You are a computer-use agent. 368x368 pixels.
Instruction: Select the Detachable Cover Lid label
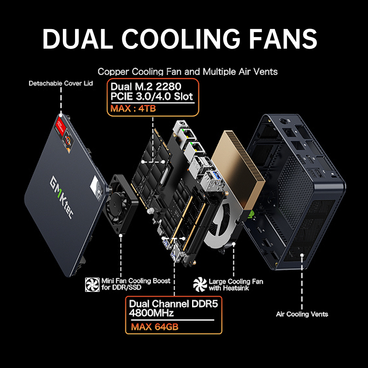point(61,84)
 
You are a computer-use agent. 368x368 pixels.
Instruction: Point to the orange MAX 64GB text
point(155,326)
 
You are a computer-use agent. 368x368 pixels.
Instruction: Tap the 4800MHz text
point(151,313)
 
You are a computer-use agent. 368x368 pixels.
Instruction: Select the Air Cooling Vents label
point(302,314)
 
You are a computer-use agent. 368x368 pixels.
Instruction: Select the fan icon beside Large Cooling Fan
point(200,284)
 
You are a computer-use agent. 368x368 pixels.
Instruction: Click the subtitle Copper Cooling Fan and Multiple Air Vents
point(188,71)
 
